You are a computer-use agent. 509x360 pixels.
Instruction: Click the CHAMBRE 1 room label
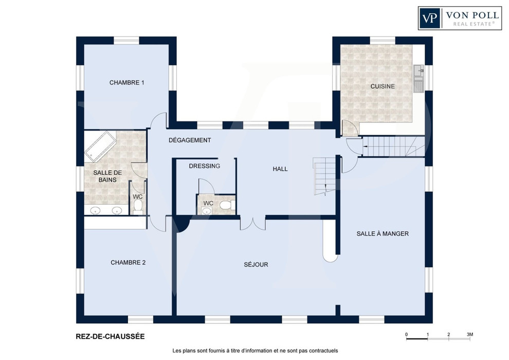126,83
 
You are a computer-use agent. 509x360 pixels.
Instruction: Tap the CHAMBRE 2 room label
128,263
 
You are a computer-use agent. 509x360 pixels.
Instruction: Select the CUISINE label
383,86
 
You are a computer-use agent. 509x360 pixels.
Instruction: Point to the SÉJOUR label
256,264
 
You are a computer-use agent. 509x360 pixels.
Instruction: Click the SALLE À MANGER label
383,233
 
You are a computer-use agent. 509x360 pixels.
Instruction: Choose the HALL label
280,169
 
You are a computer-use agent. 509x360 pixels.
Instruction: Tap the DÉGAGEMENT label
190,140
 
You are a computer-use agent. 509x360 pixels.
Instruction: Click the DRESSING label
205,166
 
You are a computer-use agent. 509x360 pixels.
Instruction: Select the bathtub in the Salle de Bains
100,147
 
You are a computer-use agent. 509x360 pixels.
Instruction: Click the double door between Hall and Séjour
253,224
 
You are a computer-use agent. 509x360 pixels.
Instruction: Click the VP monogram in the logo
430,18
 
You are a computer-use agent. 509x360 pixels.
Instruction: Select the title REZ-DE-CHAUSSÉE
110,337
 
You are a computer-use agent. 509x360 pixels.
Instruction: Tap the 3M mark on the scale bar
470,334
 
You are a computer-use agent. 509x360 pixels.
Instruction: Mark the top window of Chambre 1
126,41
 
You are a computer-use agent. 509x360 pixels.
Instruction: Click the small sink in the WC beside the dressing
207,211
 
